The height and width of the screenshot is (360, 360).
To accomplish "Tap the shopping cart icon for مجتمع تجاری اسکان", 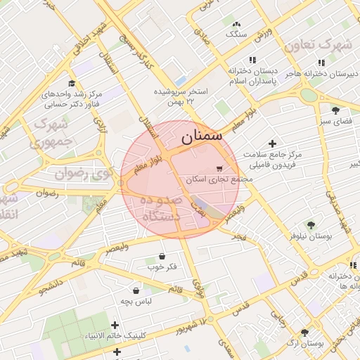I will click(x=219, y=169).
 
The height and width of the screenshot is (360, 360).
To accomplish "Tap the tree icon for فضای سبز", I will click(x=335, y=110).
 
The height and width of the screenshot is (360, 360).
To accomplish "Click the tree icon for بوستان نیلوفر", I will click(x=311, y=225).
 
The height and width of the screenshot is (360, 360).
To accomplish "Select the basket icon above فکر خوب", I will click(x=162, y=256).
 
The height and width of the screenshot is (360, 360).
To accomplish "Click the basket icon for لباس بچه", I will click(x=136, y=290).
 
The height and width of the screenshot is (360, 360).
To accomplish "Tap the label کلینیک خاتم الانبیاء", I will click(x=116, y=336).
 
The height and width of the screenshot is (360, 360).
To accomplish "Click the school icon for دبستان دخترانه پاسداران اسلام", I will click(x=252, y=60).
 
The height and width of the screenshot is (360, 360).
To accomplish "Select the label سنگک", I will click(x=236, y=34).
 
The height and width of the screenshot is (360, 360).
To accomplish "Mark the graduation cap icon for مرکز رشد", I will click(x=71, y=83).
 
